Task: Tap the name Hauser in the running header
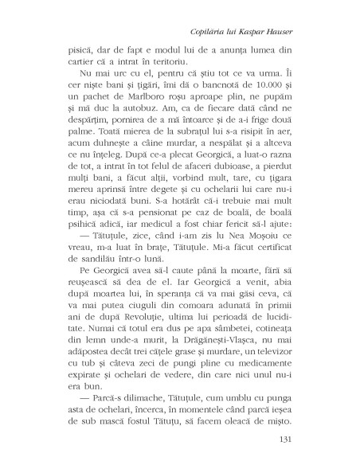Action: [x=275, y=33]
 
